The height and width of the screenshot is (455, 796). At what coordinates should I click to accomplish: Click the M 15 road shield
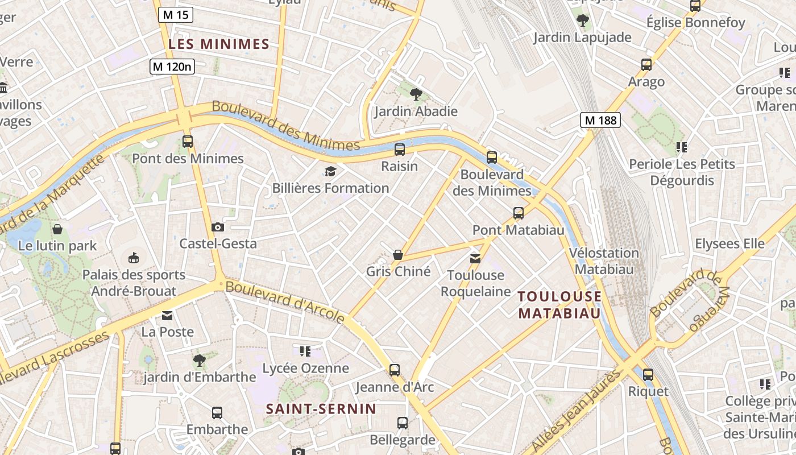point(175,15)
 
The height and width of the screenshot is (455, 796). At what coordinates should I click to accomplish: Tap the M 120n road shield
point(172,67)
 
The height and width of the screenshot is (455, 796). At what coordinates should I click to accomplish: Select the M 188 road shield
point(600,120)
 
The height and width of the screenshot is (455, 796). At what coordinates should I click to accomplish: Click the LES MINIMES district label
point(219,44)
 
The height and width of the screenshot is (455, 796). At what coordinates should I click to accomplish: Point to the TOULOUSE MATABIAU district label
point(559,305)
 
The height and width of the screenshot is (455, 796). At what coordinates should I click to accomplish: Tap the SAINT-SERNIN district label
point(321,408)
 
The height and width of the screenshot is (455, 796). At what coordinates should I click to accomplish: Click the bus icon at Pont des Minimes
point(188,142)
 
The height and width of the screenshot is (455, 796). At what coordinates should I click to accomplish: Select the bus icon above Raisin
point(400,150)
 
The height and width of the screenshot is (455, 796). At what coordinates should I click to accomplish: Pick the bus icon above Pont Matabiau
point(519,213)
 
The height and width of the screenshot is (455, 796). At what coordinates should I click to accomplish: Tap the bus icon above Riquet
point(648,375)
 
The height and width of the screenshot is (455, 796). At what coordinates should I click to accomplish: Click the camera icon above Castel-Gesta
point(218,227)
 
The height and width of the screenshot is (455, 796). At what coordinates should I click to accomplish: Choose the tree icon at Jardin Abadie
point(416,94)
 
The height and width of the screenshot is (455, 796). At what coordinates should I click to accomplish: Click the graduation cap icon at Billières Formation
point(330,171)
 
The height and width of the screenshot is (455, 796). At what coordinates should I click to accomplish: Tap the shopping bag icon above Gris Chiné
point(398,255)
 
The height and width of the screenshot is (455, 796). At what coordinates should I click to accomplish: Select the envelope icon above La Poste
point(167,315)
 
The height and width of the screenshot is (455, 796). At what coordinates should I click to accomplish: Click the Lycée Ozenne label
point(305,368)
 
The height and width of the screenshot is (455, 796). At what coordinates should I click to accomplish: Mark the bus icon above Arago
point(646,65)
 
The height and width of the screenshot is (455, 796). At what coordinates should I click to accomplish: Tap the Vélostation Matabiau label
point(604,261)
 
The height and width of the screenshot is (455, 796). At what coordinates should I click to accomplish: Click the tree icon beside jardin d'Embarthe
point(199,360)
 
